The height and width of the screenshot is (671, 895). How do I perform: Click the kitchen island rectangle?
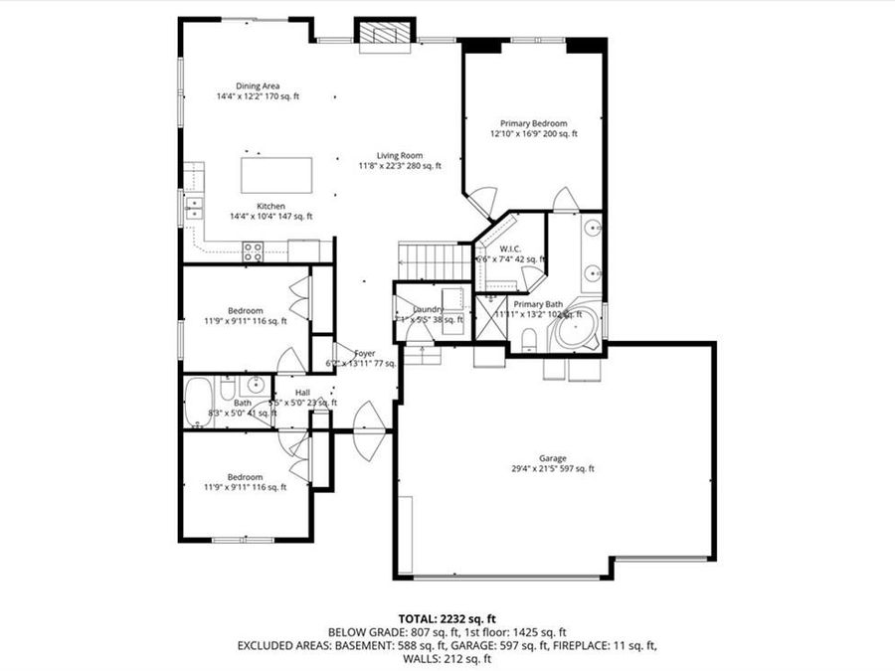pyautogui.click(x=276, y=176)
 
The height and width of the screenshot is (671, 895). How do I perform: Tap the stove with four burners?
pyautogui.click(x=252, y=252)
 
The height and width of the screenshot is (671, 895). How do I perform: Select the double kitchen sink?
pyautogui.click(x=193, y=208)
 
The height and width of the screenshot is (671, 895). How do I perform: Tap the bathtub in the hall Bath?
pyautogui.click(x=200, y=403)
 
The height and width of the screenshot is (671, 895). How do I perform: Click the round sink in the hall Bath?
pyautogui.click(x=255, y=384)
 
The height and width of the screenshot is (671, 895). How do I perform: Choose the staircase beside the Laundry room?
pyautogui.click(x=434, y=262)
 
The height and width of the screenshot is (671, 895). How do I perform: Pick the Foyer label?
pyautogui.click(x=365, y=353)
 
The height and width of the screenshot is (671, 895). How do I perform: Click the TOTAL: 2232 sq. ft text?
pyautogui.click(x=447, y=617)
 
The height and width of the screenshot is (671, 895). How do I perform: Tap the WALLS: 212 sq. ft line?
pyautogui.click(x=447, y=658)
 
